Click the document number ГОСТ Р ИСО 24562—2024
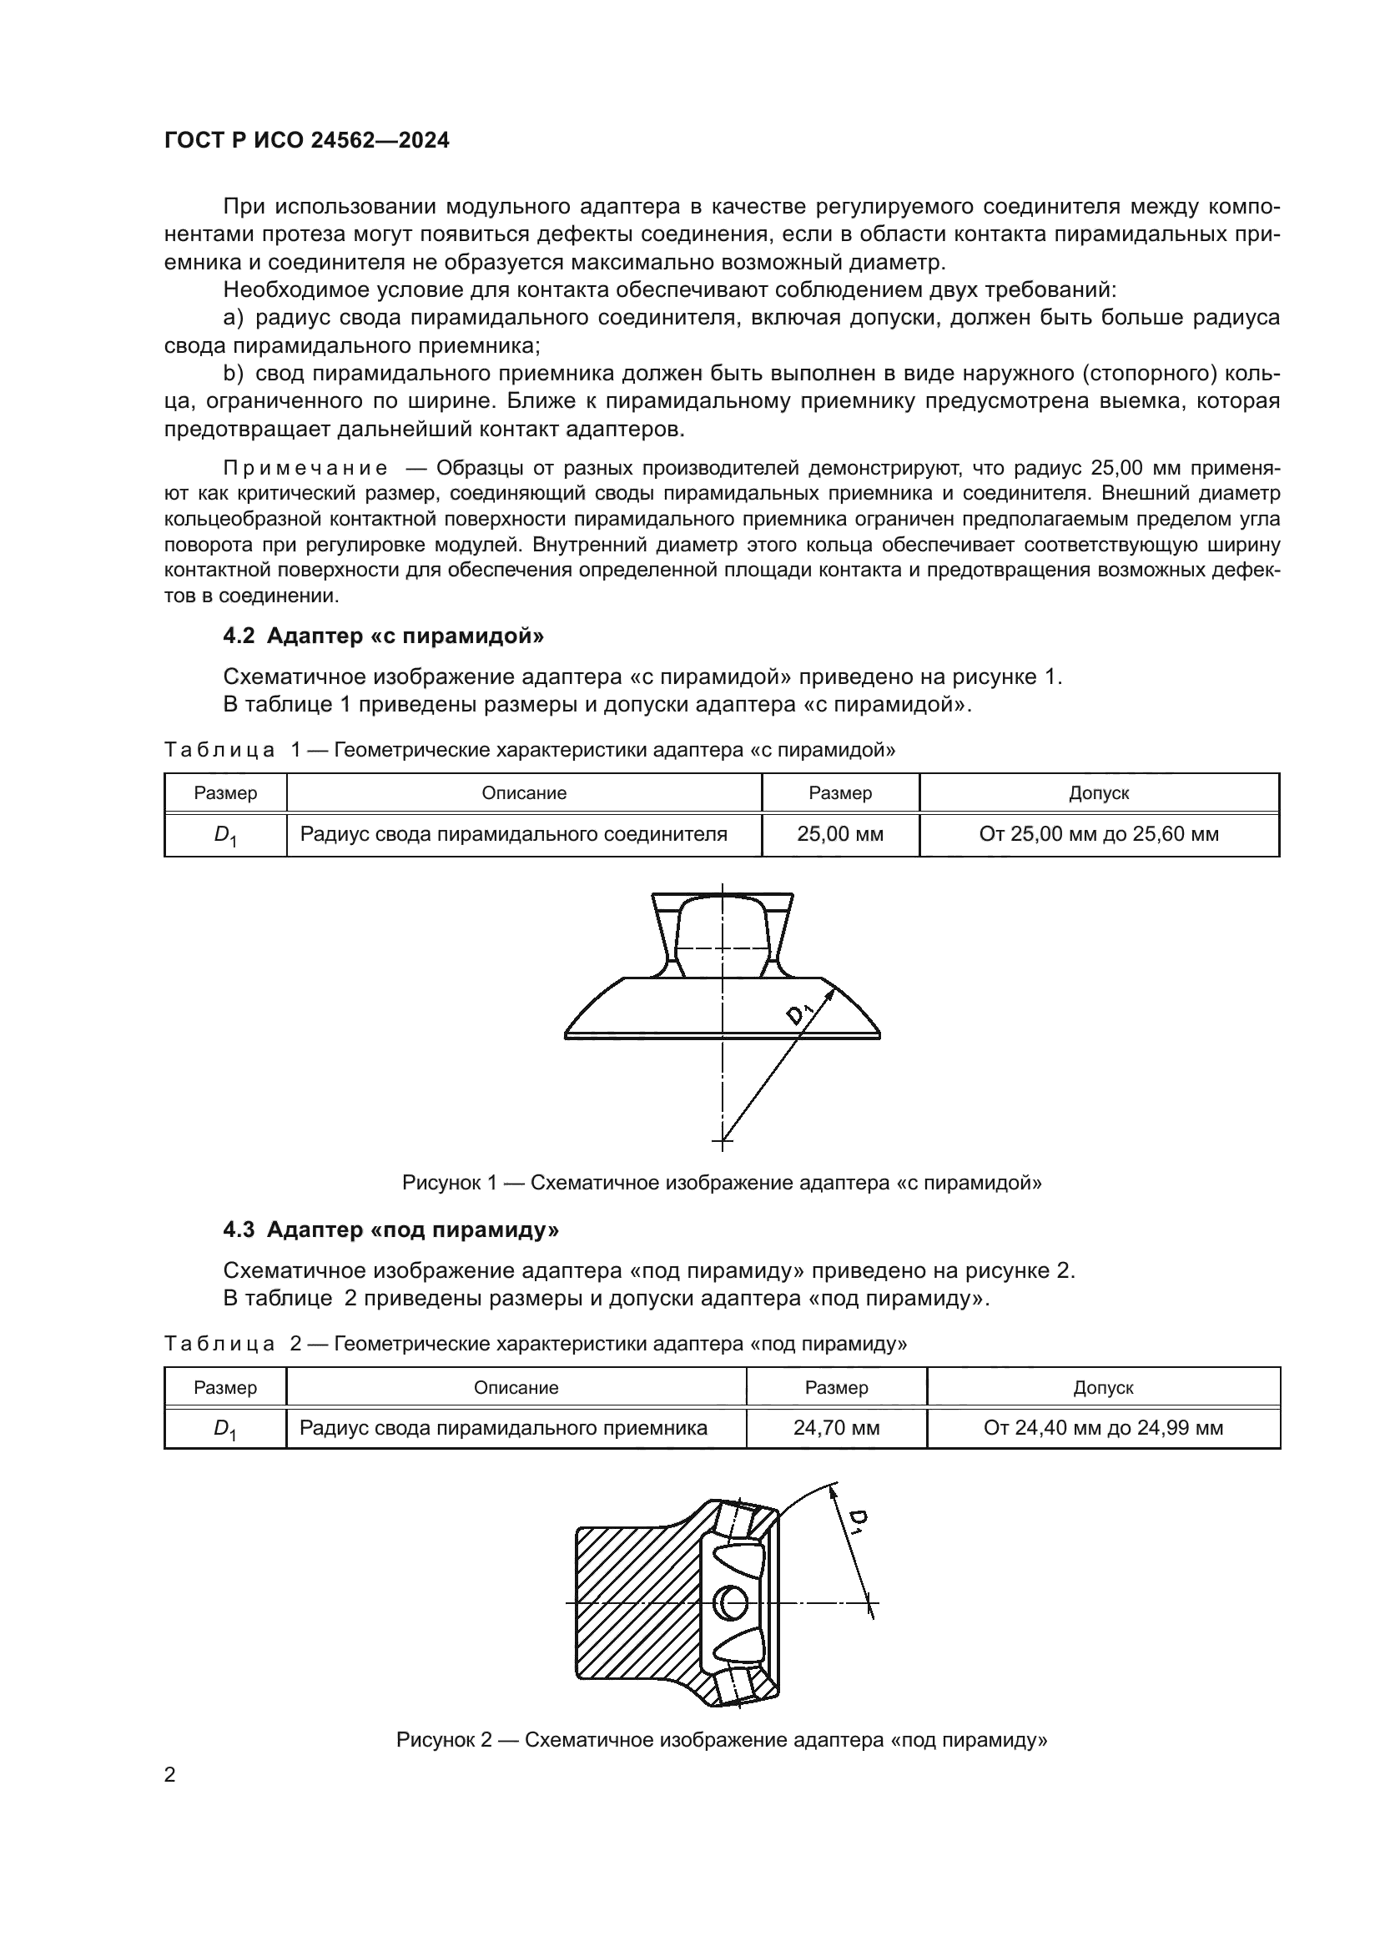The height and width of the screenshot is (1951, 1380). tap(306, 140)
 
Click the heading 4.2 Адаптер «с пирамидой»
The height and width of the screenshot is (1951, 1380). tap(383, 636)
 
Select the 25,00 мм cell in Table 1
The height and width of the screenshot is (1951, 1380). tap(839, 834)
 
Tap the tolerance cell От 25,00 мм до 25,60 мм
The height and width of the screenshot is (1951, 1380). tap(1099, 834)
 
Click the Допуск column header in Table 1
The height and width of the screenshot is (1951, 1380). tap(1099, 792)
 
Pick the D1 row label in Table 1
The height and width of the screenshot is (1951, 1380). tap(225, 835)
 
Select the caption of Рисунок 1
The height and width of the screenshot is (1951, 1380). tap(722, 1183)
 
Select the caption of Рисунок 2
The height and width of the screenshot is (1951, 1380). tap(722, 1740)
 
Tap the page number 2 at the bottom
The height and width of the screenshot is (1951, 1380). tap(170, 1775)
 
